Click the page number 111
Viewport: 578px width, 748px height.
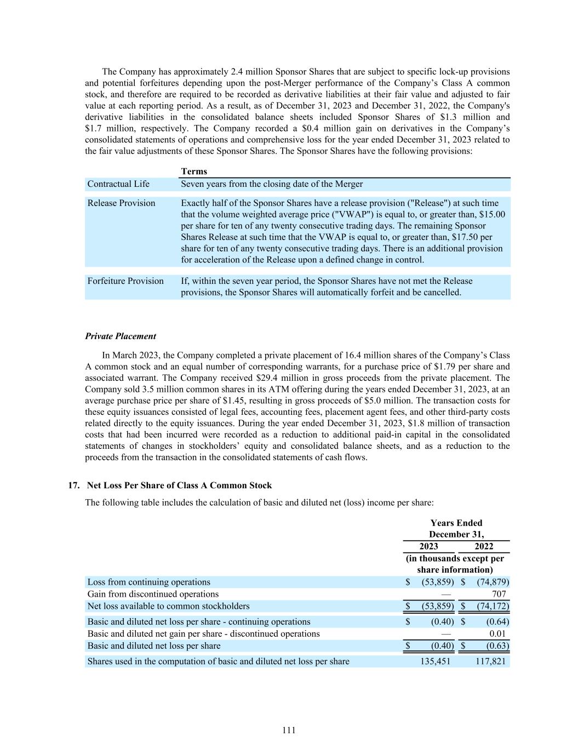point(289,730)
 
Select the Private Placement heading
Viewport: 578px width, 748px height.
point(121,336)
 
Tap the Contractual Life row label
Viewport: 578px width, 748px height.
point(118,184)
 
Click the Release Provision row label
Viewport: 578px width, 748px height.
point(121,203)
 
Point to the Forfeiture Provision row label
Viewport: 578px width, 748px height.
point(125,281)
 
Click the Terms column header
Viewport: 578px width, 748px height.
point(194,172)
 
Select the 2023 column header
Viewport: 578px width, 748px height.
point(428,546)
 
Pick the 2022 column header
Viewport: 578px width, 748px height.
point(484,546)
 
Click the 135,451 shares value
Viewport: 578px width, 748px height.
point(435,661)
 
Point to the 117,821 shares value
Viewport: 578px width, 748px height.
point(491,661)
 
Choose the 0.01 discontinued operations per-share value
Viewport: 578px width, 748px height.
point(497,634)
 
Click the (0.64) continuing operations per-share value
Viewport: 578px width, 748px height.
point(497,622)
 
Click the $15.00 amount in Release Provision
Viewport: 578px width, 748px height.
point(492,215)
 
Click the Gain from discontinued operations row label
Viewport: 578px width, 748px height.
point(153,594)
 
